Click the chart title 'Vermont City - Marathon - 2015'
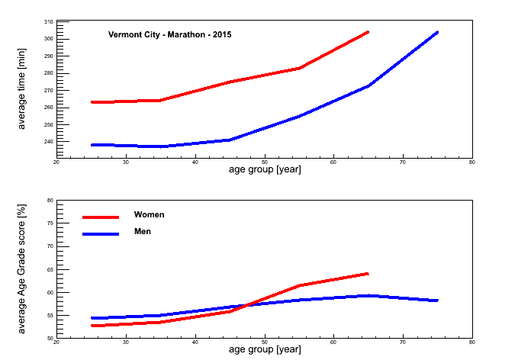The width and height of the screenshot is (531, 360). pos(169,34)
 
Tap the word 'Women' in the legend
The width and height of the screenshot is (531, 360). pos(149,214)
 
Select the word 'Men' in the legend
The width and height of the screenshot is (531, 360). pos(142,231)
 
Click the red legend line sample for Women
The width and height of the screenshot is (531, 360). pos(101,217)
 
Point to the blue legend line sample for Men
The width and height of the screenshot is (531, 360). pos(101,234)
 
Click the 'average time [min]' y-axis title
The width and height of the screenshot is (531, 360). pos(21,88)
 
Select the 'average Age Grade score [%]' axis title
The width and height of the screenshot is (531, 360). pos(21,269)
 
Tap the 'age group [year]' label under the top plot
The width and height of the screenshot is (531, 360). pos(265,169)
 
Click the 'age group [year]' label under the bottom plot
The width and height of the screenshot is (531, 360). pos(265,349)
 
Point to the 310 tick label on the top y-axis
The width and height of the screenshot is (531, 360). pos(48,21)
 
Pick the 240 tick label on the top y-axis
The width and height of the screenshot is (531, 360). pos(48,142)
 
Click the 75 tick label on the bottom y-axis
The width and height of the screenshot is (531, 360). pos(50,223)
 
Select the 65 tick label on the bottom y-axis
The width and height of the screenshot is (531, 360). pos(50,269)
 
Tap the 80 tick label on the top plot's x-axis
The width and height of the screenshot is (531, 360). pos(472,162)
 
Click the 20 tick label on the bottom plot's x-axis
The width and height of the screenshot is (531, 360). pos(56,342)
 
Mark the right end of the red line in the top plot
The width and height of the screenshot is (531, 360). pos(368,33)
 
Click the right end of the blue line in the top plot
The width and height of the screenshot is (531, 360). pos(437,33)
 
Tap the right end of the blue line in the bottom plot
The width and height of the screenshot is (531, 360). pos(437,301)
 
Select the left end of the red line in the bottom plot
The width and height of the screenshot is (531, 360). pos(92,326)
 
